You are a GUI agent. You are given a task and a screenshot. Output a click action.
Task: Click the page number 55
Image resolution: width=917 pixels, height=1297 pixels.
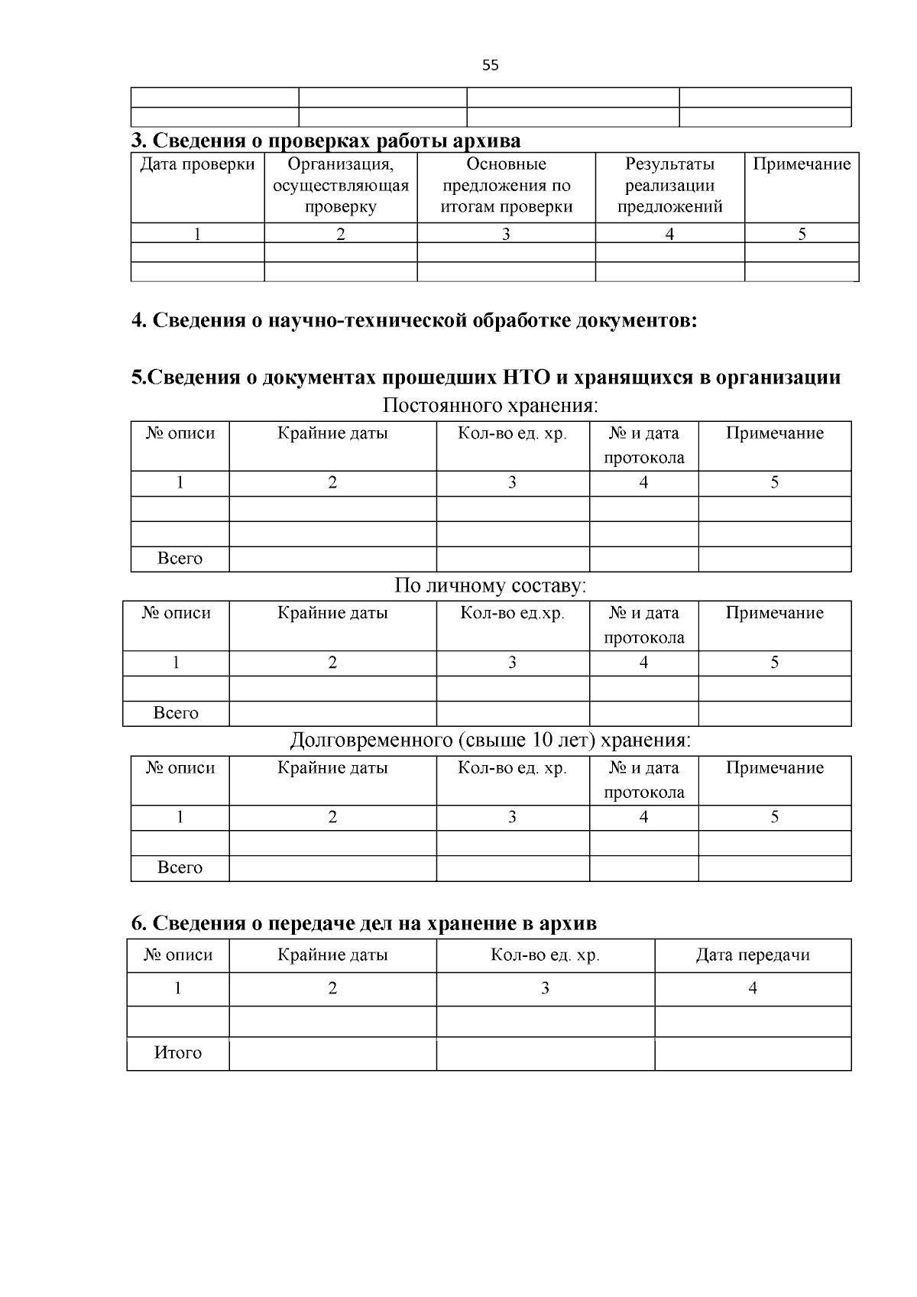(491, 66)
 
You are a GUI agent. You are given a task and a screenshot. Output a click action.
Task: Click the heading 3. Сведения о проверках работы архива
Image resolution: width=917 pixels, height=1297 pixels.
(326, 141)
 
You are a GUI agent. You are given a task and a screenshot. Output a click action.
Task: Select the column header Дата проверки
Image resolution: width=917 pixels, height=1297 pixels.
(197, 165)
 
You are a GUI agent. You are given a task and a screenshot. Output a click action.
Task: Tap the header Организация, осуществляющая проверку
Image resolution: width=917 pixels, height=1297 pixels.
(341, 186)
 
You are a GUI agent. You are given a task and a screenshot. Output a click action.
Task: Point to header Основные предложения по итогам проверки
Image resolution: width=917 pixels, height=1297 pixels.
(506, 186)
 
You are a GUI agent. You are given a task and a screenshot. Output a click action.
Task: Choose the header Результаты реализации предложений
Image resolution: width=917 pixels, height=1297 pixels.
(669, 186)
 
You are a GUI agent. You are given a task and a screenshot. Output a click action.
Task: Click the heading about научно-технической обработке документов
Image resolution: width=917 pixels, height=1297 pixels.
(414, 320)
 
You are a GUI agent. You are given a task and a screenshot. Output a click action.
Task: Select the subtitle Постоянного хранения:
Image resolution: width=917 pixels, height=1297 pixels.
(490, 405)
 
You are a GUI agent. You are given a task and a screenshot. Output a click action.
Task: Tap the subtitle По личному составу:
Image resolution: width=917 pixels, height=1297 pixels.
(490, 586)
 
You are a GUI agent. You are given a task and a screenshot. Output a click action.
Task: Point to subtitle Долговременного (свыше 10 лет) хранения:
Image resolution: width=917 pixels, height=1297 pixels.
(490, 741)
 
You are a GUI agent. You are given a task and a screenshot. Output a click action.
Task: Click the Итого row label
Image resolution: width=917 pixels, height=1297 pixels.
(178, 1053)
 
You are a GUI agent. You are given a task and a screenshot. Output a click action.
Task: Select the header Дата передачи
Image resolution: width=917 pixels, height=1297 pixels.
(752, 955)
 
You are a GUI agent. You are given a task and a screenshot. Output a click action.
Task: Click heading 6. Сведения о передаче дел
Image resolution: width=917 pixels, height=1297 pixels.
(364, 924)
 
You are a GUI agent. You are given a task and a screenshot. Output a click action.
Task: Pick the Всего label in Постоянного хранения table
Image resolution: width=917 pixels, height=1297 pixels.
(180, 559)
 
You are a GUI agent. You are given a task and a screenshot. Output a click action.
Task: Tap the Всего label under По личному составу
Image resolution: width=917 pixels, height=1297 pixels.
(176, 713)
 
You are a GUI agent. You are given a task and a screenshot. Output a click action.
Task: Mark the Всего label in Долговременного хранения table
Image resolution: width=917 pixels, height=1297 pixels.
(180, 867)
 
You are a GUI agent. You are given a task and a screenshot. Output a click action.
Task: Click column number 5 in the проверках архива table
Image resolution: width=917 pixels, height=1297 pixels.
(802, 234)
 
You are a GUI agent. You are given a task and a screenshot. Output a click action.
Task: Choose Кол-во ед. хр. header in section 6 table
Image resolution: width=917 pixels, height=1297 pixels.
(545, 955)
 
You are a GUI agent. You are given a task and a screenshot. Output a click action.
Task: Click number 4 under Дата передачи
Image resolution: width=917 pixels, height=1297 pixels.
(752, 989)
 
